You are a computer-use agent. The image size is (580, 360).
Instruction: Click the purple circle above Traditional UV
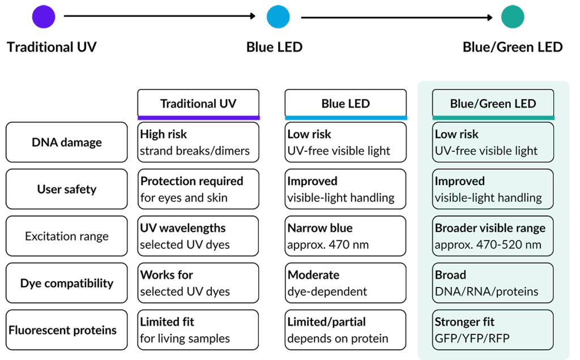(x=44, y=16)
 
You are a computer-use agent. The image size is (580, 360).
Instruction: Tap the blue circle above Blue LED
(x=278, y=16)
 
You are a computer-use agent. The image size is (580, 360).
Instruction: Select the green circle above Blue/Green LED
(x=513, y=16)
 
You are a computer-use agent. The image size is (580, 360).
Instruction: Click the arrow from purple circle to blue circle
(x=160, y=16)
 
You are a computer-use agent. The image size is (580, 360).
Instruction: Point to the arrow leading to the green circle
(x=397, y=18)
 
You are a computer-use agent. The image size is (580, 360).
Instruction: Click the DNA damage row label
(x=67, y=142)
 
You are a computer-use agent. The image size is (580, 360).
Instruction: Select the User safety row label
(x=67, y=189)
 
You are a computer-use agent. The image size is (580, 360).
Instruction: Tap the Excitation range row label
(x=67, y=236)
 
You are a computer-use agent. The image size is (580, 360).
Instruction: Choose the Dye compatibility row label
(x=67, y=283)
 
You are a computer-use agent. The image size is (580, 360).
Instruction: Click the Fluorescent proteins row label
(x=67, y=330)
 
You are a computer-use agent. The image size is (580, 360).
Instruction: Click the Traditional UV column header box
(x=198, y=104)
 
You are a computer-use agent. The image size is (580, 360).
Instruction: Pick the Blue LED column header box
(x=346, y=104)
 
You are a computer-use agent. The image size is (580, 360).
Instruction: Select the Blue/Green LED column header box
(x=493, y=104)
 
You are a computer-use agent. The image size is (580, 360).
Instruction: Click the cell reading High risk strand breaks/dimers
(x=198, y=142)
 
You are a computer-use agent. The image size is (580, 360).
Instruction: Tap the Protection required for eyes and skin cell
(x=198, y=189)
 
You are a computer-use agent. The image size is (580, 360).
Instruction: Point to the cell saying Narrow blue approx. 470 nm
(x=346, y=236)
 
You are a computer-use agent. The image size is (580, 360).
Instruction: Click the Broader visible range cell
(x=493, y=236)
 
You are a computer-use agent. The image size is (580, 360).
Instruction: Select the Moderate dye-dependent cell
(x=346, y=283)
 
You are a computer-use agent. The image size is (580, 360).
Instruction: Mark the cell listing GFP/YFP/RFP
(x=493, y=330)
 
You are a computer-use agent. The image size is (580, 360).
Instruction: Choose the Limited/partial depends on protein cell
(x=346, y=330)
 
